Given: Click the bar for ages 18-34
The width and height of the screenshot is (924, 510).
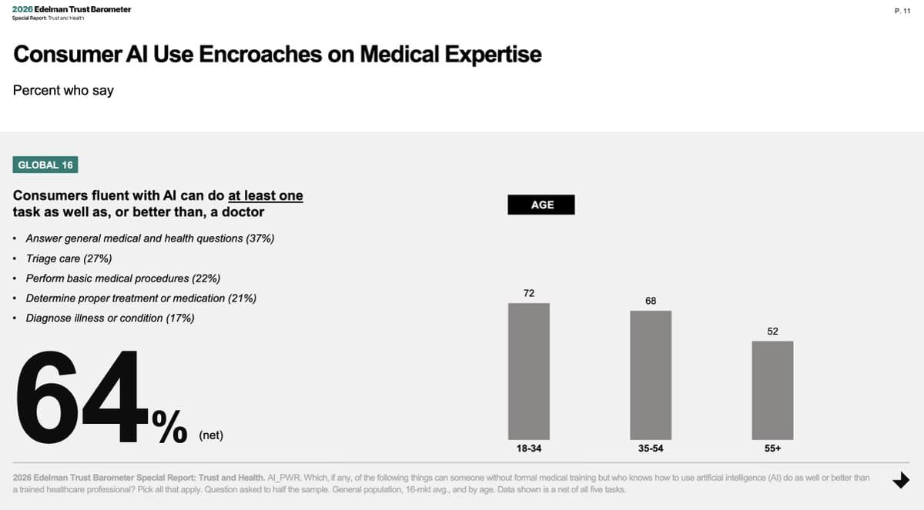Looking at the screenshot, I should [x=528, y=371].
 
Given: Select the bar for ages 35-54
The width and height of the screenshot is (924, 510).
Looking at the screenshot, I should [x=651, y=375].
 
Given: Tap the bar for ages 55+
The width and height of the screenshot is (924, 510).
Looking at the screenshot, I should [x=772, y=389].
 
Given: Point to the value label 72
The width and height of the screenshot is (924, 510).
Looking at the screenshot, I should [x=529, y=293].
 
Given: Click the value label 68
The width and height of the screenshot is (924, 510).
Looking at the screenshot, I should [x=651, y=301].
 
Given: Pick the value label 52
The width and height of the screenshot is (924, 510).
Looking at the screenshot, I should [x=773, y=331].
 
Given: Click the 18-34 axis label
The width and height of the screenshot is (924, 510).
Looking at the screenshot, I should [x=528, y=448].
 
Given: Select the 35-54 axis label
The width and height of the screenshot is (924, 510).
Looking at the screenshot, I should [x=651, y=448].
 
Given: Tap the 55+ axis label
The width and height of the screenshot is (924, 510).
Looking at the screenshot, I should [x=773, y=448].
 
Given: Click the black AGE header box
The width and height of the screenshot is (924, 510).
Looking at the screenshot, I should [x=541, y=205].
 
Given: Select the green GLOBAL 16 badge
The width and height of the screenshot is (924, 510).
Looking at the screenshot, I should [x=45, y=165].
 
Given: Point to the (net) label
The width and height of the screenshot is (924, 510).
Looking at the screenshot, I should [x=210, y=435].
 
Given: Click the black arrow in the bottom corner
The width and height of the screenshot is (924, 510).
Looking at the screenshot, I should [x=900, y=480].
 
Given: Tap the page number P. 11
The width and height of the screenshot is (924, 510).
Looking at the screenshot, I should [x=902, y=10].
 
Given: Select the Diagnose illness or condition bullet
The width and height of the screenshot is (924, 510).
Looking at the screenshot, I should [x=110, y=318].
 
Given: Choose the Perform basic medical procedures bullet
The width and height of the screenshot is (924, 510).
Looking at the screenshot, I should [x=123, y=278].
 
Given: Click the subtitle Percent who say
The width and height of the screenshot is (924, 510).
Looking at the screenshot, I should [x=63, y=91].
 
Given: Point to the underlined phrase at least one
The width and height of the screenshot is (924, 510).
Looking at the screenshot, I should [x=265, y=195].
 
